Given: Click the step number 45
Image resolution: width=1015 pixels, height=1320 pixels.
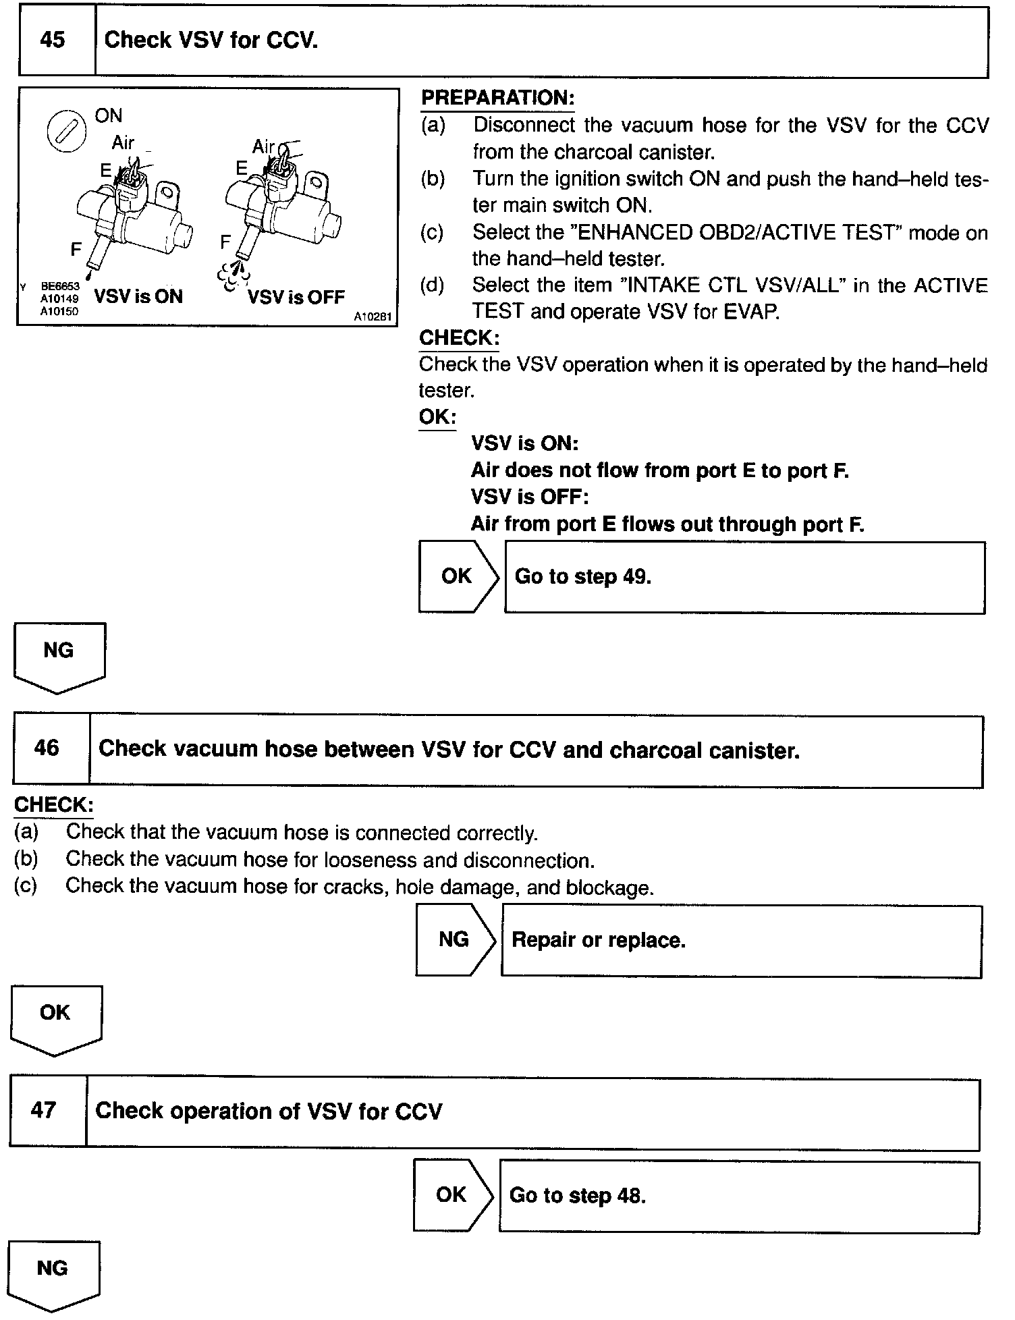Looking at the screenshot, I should [x=53, y=40].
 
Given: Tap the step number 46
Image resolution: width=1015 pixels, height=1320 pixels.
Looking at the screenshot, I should [x=47, y=748].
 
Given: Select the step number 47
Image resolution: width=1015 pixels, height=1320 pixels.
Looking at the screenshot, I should [x=43, y=1110].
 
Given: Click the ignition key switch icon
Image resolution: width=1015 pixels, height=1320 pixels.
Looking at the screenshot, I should [x=65, y=131].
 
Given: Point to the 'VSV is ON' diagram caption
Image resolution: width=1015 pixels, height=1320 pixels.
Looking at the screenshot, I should [x=138, y=296].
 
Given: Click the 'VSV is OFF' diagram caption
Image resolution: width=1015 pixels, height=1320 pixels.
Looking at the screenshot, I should [x=296, y=297].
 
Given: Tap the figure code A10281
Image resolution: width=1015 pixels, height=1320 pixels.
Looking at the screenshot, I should [x=373, y=317].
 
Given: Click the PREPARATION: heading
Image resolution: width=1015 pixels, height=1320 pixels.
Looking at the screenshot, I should [x=497, y=98].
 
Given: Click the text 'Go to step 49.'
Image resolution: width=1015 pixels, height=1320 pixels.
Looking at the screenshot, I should [x=582, y=576].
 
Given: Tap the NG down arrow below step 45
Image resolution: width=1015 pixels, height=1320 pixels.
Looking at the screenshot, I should [x=59, y=656].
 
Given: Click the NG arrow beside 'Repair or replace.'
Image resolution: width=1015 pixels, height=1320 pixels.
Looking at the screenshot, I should [x=455, y=939].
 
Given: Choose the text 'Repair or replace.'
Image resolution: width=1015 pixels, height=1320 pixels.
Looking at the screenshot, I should [x=599, y=940].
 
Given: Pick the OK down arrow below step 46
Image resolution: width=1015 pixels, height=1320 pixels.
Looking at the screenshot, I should [x=55, y=1018].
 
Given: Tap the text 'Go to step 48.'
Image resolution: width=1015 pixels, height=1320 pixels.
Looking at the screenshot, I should [x=578, y=1195].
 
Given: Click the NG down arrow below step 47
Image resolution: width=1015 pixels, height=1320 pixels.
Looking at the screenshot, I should [x=53, y=1273].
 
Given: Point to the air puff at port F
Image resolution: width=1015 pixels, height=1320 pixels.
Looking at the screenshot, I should [x=234, y=273].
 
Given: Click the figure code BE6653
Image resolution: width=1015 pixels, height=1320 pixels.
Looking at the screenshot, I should [x=60, y=287].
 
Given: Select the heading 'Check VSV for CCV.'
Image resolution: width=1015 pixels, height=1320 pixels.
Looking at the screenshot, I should [x=211, y=40].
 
